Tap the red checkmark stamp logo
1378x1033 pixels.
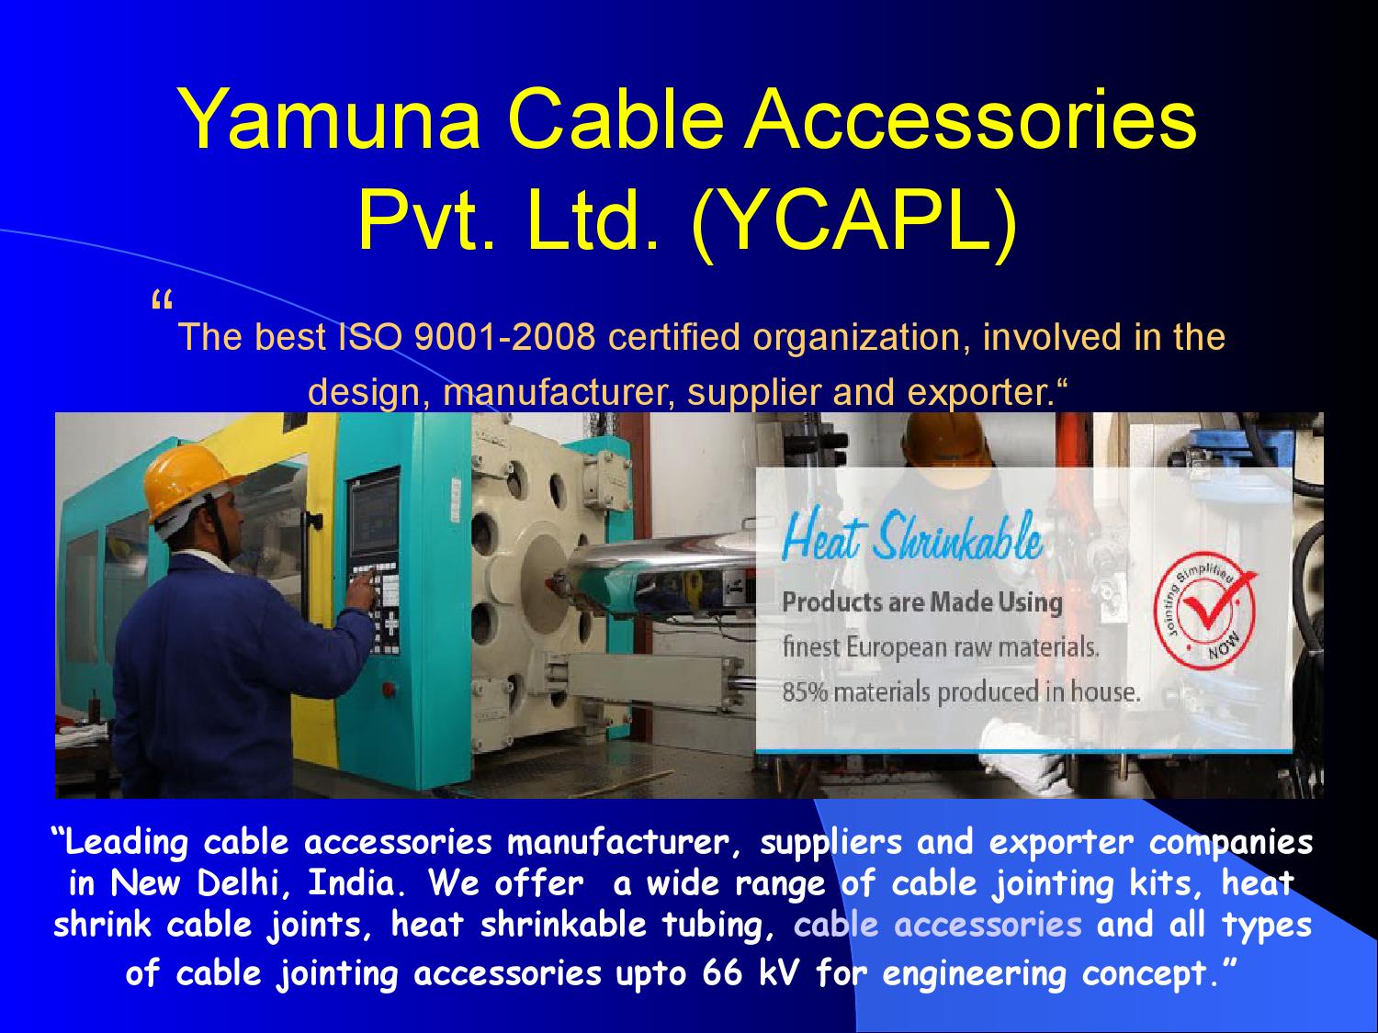tap(1206, 612)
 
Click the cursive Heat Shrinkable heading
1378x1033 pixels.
tap(912, 539)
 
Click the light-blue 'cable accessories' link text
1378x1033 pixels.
tap(938, 924)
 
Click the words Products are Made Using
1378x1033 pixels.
tap(921, 602)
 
